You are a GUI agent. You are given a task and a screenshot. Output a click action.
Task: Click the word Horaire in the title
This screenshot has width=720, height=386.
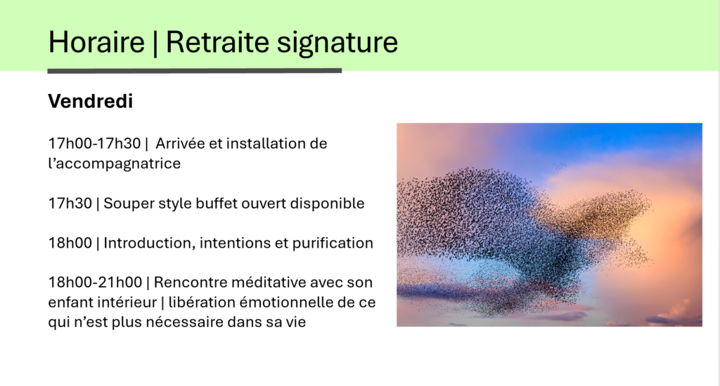click(x=96, y=42)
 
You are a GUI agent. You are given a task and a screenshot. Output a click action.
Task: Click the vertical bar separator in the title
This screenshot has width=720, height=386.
click(x=155, y=43)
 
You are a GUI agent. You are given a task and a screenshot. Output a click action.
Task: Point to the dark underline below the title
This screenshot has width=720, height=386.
click(x=195, y=71)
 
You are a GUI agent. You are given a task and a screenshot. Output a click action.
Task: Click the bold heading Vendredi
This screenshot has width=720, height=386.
click(x=91, y=101)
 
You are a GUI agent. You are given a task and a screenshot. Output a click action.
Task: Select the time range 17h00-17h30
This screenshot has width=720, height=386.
click(x=95, y=143)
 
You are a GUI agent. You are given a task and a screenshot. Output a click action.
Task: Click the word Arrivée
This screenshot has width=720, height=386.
click(x=180, y=143)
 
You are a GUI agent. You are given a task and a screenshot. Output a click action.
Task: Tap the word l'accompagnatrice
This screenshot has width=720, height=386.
click(x=115, y=164)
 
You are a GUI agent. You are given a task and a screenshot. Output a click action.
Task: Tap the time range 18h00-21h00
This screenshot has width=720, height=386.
click(x=95, y=282)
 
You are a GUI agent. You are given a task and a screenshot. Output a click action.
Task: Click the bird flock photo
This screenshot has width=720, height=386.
click(x=549, y=225)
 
